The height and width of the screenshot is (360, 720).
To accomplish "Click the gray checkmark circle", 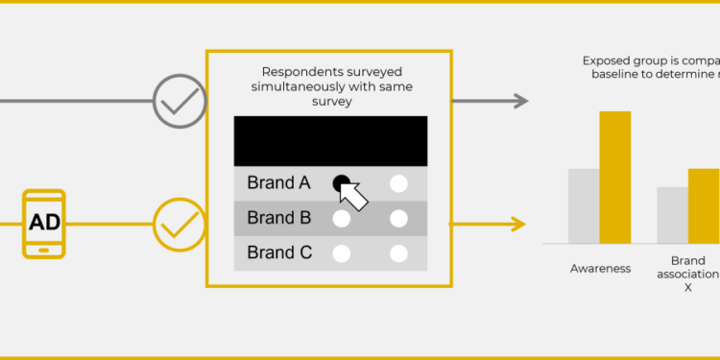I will pos(180,101).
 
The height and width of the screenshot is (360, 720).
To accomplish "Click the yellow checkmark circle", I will pos(180,225).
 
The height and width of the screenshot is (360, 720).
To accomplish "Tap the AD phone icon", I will pos(44,224).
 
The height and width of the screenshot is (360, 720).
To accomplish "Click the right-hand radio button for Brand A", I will pos(398,183).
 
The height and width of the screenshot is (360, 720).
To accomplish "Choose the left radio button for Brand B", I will pos(341,219).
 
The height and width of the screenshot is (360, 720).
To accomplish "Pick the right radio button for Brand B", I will pos(398,219).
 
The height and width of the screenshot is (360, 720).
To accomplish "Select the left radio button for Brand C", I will pos(341,254).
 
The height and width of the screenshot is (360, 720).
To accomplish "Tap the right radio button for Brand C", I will pos(398,254).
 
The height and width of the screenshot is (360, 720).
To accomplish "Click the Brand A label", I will pos(278,182).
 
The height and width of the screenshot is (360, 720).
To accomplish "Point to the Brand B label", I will pos(278,218).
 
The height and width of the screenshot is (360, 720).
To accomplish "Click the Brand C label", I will pos(278,253).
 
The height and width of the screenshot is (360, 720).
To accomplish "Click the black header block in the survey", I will pos(330,141).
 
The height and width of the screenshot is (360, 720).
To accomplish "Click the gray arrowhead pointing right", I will pos(521,101).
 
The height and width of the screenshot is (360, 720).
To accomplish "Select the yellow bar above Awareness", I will pos(615,177).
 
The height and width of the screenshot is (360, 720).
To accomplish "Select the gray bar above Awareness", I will pos(584,205).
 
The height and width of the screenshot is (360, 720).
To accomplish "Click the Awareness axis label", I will pos(600,269).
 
